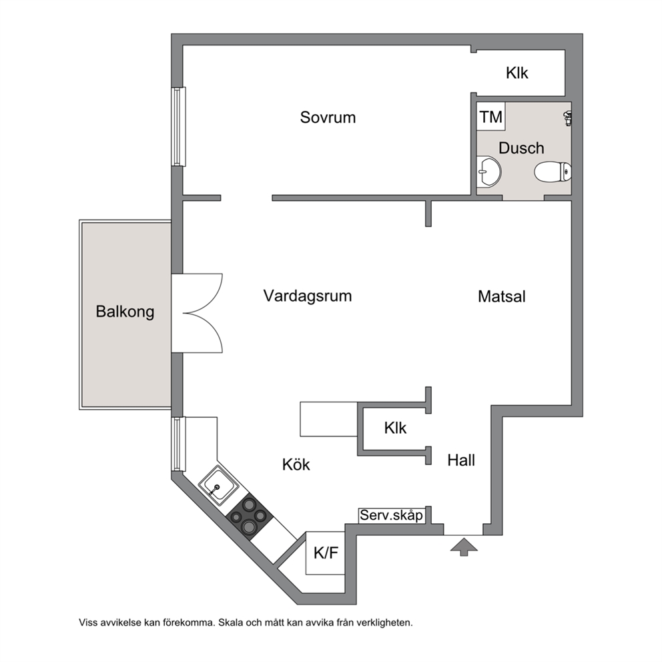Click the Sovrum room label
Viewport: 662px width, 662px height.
[x=328, y=117]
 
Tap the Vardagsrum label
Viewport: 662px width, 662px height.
[x=308, y=296]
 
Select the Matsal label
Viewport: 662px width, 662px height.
[x=502, y=296]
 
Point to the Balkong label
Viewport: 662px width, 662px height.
[x=125, y=312]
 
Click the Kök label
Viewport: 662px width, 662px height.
[x=296, y=464]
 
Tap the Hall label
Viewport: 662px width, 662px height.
[x=461, y=460]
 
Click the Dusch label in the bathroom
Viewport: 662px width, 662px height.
[x=521, y=148]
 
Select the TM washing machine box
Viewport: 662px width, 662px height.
[x=491, y=116]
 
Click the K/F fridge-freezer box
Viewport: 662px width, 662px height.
[x=326, y=553]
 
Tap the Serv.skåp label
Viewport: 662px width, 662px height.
[x=391, y=515]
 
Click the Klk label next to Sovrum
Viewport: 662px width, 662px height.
[x=517, y=73]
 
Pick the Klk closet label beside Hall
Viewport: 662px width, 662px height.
[x=395, y=428]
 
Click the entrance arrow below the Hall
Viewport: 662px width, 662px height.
[x=464, y=547]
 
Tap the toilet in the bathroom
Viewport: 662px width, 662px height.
[x=553, y=172]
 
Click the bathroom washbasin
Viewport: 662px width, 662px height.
[x=489, y=172]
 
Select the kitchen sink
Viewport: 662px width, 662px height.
[x=219, y=486]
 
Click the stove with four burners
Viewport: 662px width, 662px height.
[x=249, y=517]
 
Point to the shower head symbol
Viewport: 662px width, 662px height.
[x=569, y=118]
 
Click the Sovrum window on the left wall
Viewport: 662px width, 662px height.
[x=179, y=127]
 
